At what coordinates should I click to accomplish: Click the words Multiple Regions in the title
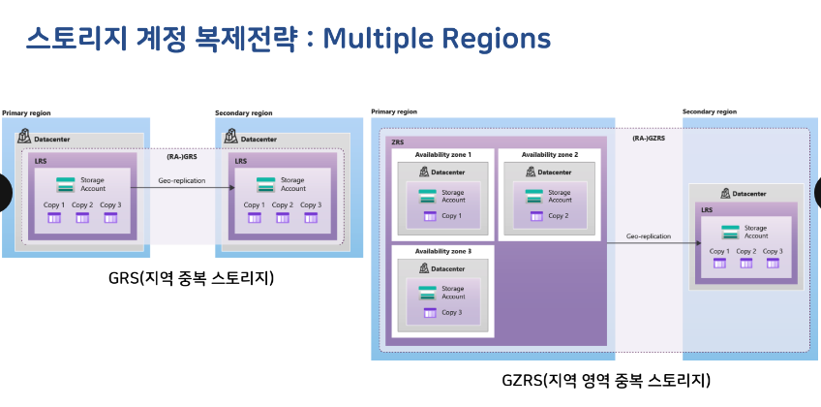click(x=437, y=38)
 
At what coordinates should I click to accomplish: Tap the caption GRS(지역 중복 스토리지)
click(x=192, y=279)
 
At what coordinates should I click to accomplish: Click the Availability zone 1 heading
click(x=442, y=154)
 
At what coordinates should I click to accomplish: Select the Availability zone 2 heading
click(x=549, y=154)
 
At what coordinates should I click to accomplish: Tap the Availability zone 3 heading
click(x=442, y=252)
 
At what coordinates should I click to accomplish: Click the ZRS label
click(x=397, y=141)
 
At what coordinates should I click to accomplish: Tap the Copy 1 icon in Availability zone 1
click(x=428, y=215)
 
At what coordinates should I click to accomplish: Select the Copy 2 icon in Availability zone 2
click(x=534, y=215)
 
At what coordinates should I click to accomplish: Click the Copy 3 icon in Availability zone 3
click(x=428, y=312)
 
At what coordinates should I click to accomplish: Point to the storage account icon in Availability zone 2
click(x=534, y=195)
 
